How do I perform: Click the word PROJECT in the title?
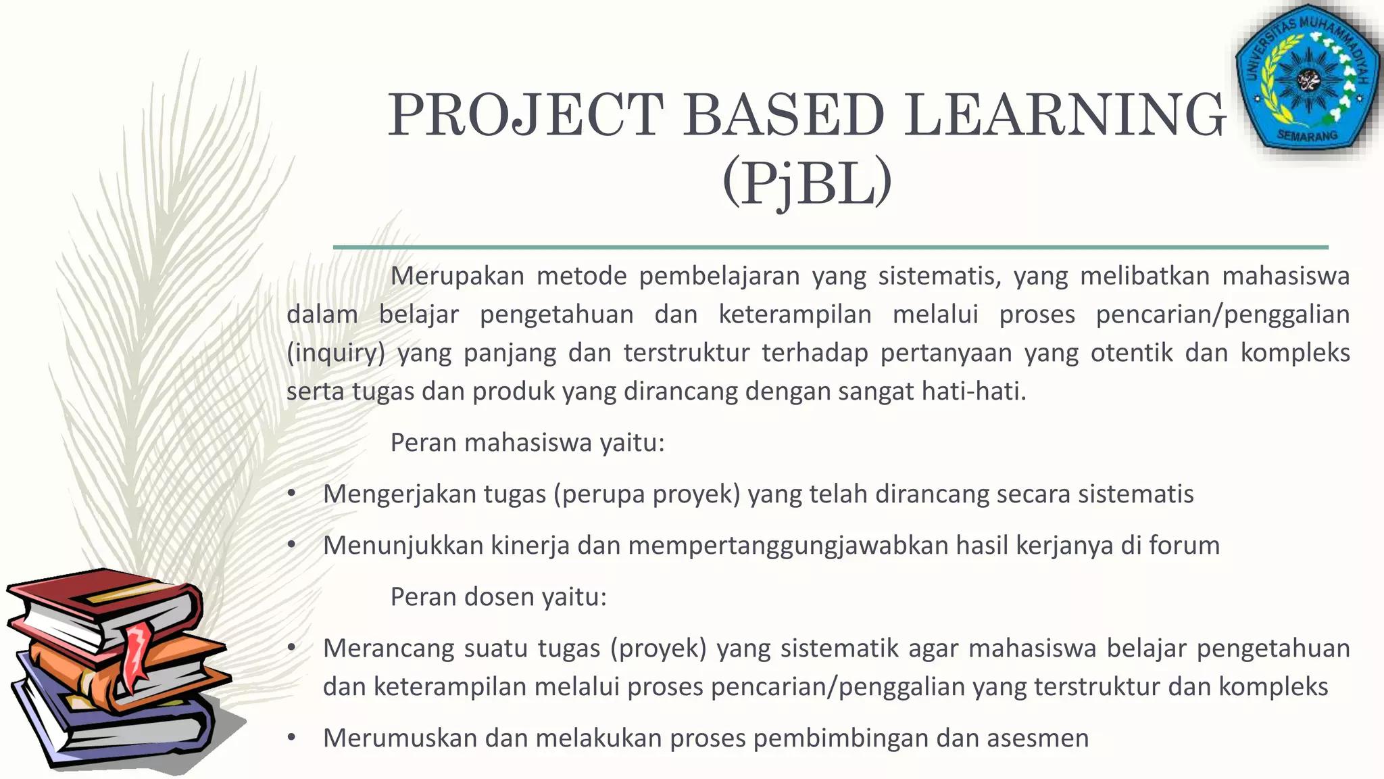click(526, 115)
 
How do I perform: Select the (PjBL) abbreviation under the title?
click(807, 183)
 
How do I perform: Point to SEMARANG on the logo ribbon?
click(1308, 136)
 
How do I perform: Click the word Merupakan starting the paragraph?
click(458, 277)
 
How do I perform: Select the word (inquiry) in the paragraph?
click(336, 354)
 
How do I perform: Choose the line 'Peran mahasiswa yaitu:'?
click(528, 443)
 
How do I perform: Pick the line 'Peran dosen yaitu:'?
click(499, 597)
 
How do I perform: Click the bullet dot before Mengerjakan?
click(291, 494)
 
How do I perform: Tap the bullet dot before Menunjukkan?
click(291, 546)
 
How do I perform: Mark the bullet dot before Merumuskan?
click(291, 738)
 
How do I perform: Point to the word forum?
click(1185, 546)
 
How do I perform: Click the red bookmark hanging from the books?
click(137, 653)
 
